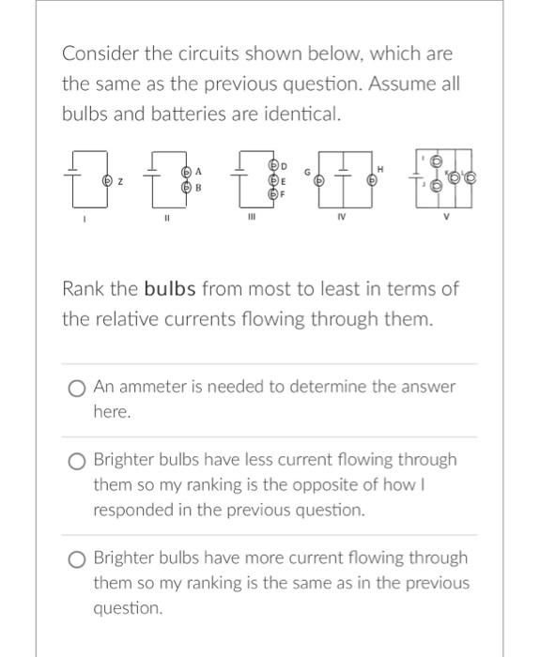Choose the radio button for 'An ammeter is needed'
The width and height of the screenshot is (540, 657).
click(76, 387)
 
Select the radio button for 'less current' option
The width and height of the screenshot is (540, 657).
click(76, 460)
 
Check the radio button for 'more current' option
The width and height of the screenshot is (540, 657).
click(76, 558)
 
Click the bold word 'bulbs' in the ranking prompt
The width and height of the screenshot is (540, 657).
click(170, 288)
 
